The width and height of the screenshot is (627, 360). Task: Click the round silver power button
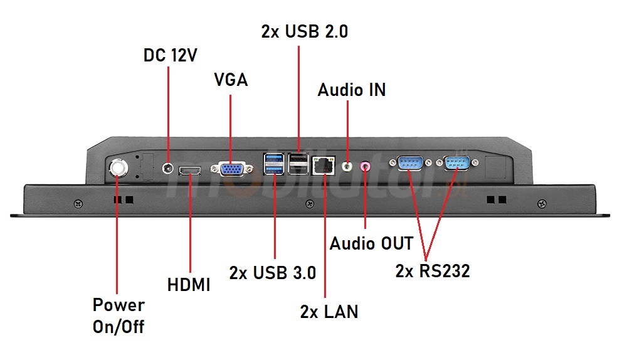[117, 167]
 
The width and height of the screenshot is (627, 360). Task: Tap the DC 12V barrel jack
[168, 168]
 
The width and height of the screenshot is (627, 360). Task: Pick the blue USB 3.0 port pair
[273, 164]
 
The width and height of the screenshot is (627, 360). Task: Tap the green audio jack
[347, 167]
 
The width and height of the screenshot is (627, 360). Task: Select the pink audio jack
[366, 166]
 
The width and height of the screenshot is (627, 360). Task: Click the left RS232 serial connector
[409, 163]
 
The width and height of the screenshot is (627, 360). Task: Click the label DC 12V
[171, 55]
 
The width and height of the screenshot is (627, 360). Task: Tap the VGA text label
[231, 80]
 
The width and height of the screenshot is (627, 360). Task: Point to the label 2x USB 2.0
[305, 32]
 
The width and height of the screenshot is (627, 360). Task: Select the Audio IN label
[351, 90]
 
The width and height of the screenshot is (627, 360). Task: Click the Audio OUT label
[372, 243]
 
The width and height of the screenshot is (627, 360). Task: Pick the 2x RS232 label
[433, 271]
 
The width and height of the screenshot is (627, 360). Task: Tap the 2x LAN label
[329, 312]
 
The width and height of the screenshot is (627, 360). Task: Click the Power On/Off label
[119, 315]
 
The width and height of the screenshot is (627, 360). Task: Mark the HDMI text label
[189, 285]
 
